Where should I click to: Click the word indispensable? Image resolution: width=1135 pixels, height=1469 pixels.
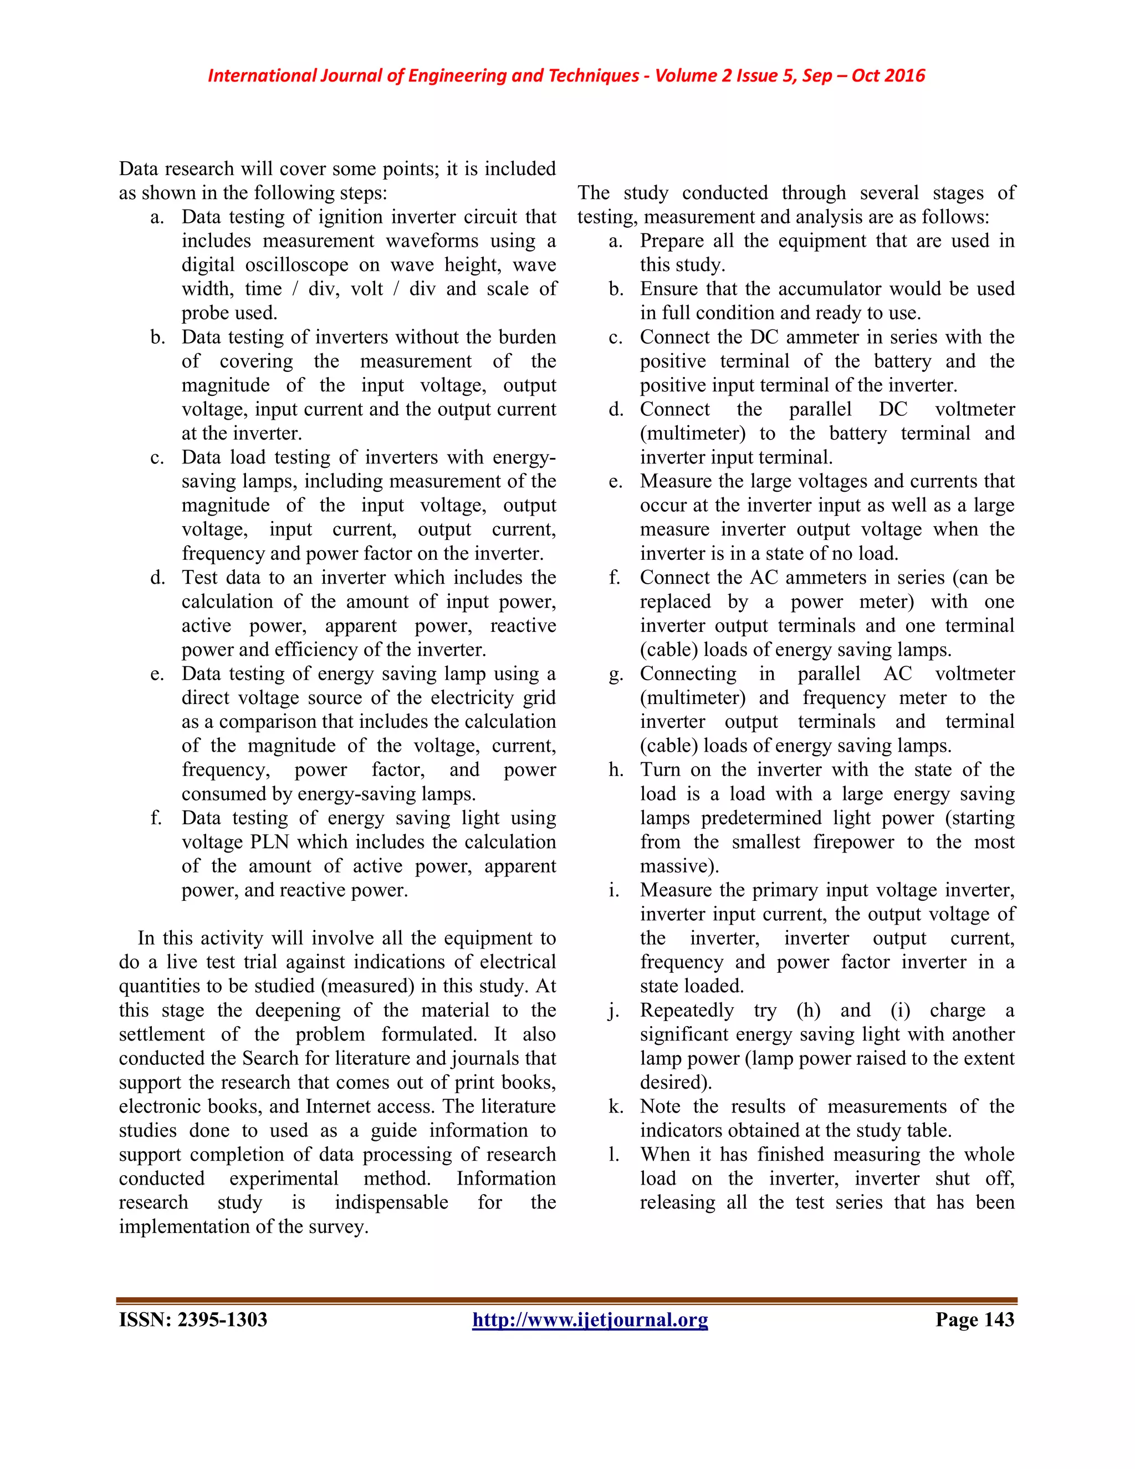[391, 1203]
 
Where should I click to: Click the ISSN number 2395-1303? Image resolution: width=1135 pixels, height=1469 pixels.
[223, 1320]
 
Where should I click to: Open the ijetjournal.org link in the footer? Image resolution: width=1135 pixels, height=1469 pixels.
[590, 1320]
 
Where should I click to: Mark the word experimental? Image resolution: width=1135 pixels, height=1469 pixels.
[284, 1179]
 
